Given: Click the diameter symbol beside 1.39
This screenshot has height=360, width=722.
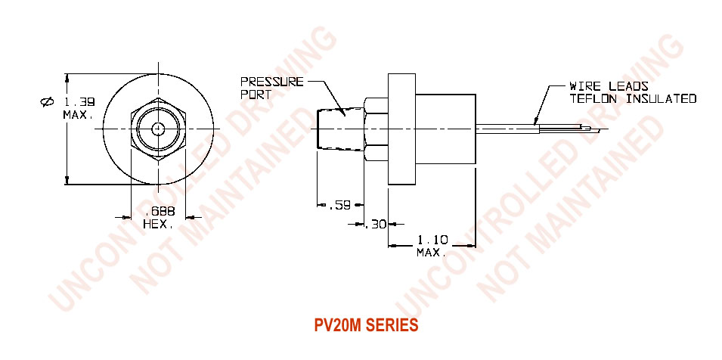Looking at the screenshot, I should tap(47, 102).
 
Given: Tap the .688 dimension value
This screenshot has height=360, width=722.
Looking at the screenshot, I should tap(158, 213).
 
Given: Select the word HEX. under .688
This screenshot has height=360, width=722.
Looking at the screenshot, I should tap(158, 225).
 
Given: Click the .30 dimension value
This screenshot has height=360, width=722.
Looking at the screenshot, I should tap(376, 224).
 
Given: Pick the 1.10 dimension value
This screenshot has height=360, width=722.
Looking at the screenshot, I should tap(433, 240).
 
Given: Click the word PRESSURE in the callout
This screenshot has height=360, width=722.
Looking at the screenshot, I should tap(271, 82).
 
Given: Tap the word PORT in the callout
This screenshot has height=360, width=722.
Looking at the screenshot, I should tap(254, 95).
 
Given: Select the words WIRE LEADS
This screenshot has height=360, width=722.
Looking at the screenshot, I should tap(609, 86).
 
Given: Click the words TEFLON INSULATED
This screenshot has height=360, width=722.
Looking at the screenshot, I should tap(632, 98).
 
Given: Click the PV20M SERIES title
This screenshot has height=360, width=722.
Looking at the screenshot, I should tap(365, 326).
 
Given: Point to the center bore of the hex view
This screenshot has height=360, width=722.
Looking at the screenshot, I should tap(158, 129).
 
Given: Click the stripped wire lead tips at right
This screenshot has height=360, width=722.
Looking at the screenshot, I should tap(589, 130).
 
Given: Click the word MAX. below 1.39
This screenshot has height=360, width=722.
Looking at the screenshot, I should tap(77, 115).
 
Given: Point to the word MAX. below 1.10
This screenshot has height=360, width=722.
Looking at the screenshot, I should tap(432, 252).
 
